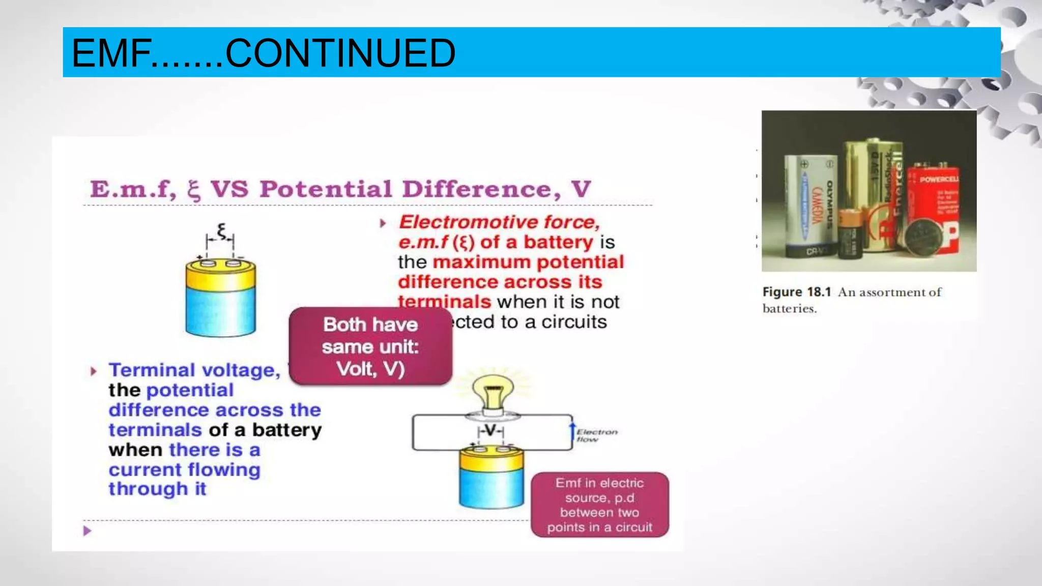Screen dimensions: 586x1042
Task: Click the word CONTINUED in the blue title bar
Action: tap(340, 53)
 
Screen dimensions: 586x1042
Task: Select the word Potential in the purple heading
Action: tap(326, 189)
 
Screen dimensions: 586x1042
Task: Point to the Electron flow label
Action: tap(596, 435)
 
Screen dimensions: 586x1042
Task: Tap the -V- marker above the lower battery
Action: tap(490, 431)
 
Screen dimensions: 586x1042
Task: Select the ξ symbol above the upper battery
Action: tap(221, 231)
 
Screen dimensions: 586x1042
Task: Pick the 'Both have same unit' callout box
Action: tap(370, 346)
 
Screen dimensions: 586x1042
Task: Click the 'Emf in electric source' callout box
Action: tap(599, 505)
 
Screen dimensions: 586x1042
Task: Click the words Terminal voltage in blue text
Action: tap(194, 370)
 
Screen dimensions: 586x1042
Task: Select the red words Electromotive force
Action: tap(499, 222)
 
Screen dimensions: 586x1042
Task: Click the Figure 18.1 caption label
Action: tap(796, 292)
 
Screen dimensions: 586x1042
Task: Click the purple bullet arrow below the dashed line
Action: tap(87, 531)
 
